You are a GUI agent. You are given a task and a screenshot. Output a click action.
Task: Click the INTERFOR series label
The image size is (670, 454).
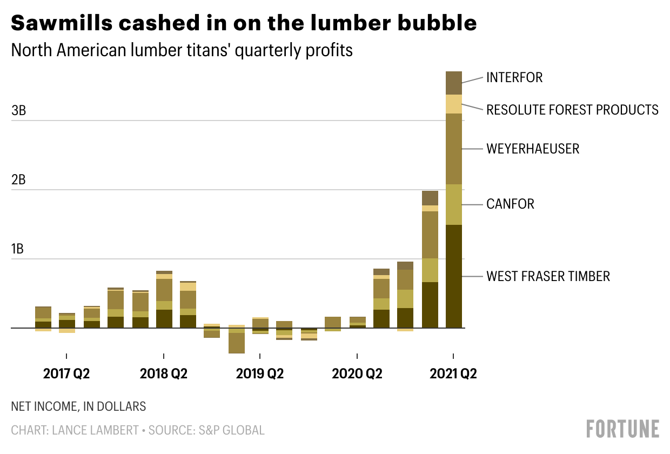pos(514,77)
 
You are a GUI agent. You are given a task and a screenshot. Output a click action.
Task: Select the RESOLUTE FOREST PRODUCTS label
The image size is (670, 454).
pos(572,110)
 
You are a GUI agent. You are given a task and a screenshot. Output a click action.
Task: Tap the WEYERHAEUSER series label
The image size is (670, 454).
pos(533,149)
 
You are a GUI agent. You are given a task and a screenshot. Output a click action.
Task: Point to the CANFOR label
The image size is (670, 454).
pos(510,204)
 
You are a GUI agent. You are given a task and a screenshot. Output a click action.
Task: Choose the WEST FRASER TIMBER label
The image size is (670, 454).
pos(548,276)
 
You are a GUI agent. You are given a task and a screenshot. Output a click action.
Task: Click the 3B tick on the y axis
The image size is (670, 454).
pos(19,111)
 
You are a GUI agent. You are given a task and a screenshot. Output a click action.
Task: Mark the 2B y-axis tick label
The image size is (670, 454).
pos(19,181)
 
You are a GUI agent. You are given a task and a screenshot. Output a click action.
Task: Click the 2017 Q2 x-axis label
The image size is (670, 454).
pos(66,373)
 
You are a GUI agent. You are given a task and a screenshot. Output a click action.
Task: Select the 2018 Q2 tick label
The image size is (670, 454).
pos(163,373)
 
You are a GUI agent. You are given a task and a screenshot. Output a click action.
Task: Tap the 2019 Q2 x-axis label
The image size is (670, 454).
pos(260,373)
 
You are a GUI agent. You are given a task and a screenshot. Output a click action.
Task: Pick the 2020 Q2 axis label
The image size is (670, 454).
pos(357,373)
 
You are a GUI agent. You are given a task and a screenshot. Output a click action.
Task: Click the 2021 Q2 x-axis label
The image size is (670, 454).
pos(453,373)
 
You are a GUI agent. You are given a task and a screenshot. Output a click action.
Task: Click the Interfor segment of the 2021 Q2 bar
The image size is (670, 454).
pos(453,83)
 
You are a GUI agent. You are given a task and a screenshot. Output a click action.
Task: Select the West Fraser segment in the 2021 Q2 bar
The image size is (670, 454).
pos(453,276)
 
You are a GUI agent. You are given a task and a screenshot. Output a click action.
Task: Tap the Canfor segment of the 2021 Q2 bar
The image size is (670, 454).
pos(453,204)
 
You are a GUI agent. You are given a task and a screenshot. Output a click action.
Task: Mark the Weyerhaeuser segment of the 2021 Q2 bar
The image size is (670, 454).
pos(453,149)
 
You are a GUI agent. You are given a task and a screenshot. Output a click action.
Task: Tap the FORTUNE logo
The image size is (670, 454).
pos(622,429)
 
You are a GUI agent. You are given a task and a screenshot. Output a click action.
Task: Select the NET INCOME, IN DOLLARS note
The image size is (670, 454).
pos(78,406)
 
